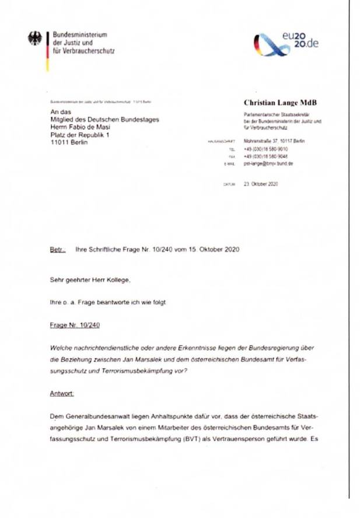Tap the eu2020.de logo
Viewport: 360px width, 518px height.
[x=286, y=43]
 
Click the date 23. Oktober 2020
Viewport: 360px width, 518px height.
[x=261, y=183]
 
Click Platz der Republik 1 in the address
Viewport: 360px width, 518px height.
[x=80, y=135]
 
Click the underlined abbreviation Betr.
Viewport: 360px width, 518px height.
[x=58, y=249]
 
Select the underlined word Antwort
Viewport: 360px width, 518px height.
[x=62, y=394]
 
